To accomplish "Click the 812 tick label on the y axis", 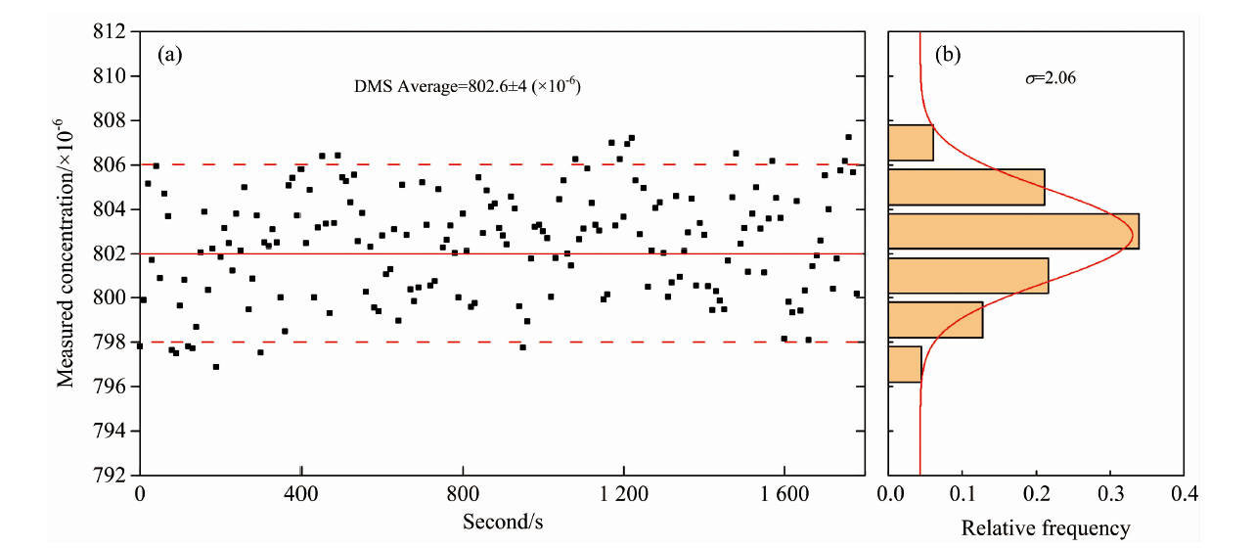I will (x=111, y=32).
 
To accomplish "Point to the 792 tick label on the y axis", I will (x=111, y=476).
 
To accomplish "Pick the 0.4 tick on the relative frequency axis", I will (x=1185, y=495).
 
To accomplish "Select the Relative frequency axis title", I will (x=1045, y=529).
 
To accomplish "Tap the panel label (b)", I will (x=947, y=56).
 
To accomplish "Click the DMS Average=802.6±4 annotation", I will (x=468, y=86).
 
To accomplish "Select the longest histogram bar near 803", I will (x=1013, y=231).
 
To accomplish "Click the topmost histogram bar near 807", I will (x=911, y=143).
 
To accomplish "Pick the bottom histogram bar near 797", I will (x=905, y=364).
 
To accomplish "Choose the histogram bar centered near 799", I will (x=935, y=320).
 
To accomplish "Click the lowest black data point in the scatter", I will (x=215, y=367).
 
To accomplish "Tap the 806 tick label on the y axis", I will (x=111, y=165).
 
